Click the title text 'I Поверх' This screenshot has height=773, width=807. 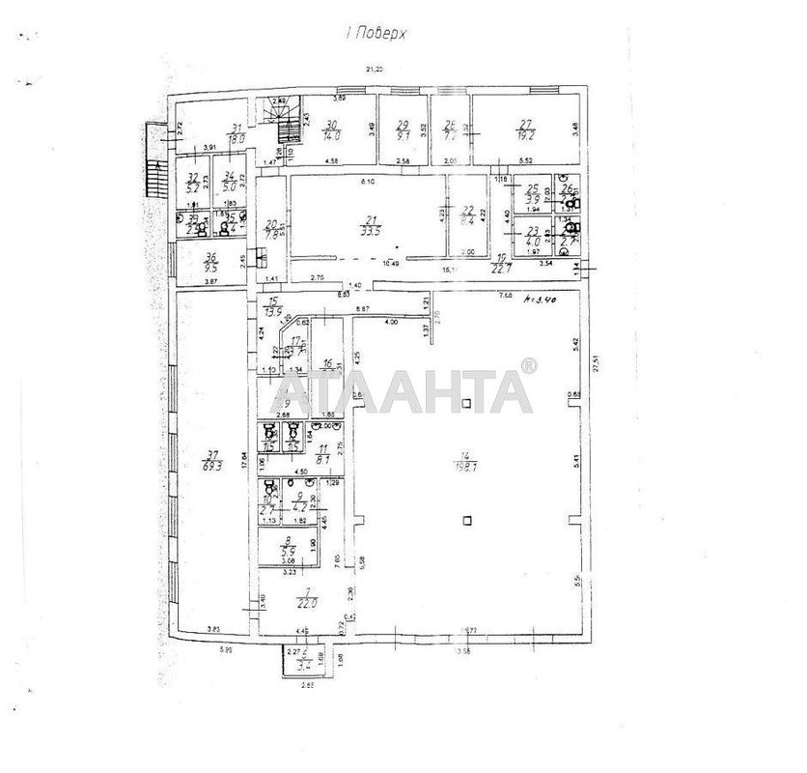377,32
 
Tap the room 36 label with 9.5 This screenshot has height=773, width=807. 211,262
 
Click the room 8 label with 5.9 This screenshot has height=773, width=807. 287,549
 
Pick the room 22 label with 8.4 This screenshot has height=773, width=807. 469,216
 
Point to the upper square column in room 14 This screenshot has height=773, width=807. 465,403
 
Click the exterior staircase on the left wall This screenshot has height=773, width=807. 152,159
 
